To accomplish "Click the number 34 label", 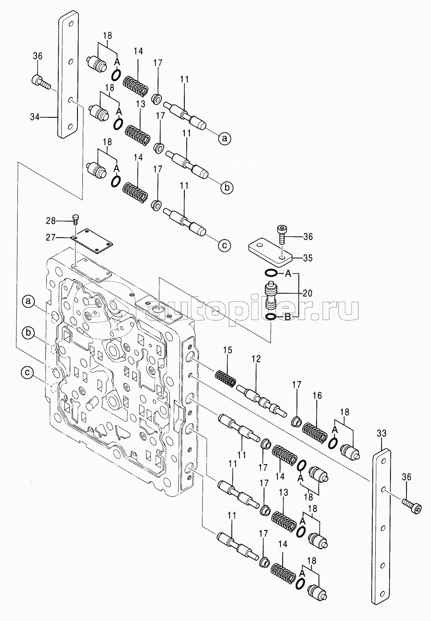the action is coord(35,117).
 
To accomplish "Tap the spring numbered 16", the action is coord(314,425).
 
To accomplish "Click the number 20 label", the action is coord(307,293).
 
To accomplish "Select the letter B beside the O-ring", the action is coord(288,317).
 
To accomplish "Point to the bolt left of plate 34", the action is coord(40,81).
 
